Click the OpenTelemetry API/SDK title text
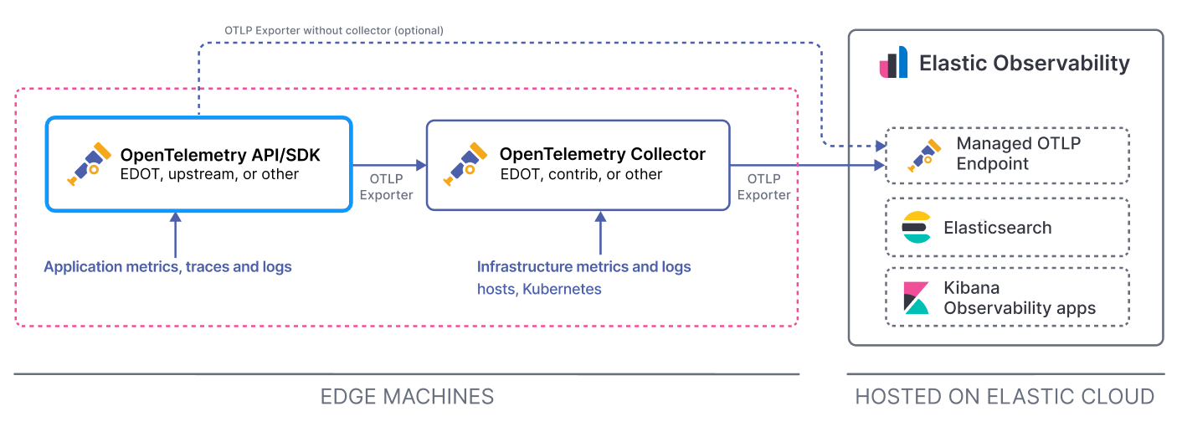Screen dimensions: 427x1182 pyautogui.click(x=220, y=155)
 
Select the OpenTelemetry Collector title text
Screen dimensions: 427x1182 pyautogui.click(x=602, y=154)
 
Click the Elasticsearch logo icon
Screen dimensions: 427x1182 pyautogui.click(x=917, y=228)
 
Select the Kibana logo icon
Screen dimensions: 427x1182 pyautogui.click(x=917, y=297)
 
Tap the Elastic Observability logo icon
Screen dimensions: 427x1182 pyautogui.click(x=893, y=64)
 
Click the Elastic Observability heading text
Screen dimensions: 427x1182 pyautogui.click(x=1024, y=64)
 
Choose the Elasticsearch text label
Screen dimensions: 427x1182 pyautogui.click(x=997, y=228)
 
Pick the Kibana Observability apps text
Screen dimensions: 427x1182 pyautogui.click(x=1019, y=298)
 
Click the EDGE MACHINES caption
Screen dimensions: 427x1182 pyautogui.click(x=407, y=396)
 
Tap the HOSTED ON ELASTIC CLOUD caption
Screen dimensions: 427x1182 pyautogui.click(x=1005, y=396)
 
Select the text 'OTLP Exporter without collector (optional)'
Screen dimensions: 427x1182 pyautogui.click(x=333, y=30)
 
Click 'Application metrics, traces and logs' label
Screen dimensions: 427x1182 pyautogui.click(x=167, y=267)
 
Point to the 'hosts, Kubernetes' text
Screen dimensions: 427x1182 pyautogui.click(x=539, y=289)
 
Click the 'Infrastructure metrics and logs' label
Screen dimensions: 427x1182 pyautogui.click(x=583, y=267)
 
